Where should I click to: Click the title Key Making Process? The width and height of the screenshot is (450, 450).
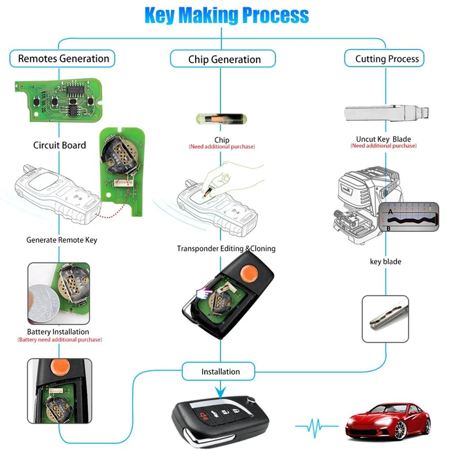point(226,15)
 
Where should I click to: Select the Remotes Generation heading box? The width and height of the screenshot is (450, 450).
point(63,58)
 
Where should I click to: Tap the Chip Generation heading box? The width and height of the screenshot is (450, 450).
point(224,59)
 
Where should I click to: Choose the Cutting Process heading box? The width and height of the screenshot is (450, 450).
point(386,58)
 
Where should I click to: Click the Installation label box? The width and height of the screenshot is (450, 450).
point(220,371)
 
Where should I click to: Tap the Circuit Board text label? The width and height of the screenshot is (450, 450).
point(59,145)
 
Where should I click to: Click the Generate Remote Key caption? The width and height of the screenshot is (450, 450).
point(62,240)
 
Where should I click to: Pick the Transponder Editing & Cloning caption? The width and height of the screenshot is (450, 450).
point(226,248)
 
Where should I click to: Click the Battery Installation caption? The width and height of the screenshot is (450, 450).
point(58,331)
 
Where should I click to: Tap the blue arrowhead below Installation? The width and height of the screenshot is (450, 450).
point(220,390)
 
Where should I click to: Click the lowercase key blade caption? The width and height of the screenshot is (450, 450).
point(385,262)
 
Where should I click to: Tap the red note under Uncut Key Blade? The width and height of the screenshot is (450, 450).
point(384,146)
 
